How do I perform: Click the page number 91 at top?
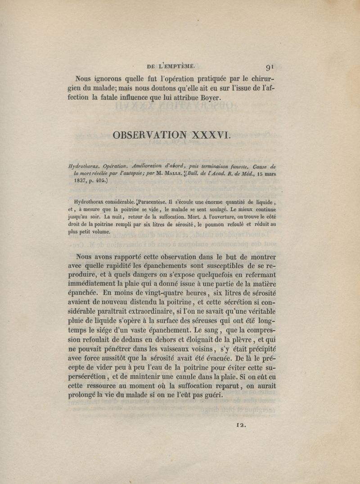pos(270,68)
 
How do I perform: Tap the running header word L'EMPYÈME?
pos(176,66)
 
